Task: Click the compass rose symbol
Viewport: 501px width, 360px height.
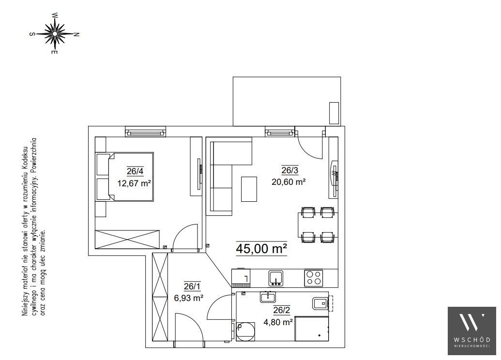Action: [x=55, y=33]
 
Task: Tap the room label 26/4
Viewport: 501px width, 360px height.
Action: [x=135, y=171]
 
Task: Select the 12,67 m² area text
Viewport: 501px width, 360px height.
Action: [x=134, y=183]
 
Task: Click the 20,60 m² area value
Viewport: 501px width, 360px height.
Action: [x=289, y=182]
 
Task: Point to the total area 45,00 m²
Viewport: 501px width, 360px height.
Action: [x=261, y=249]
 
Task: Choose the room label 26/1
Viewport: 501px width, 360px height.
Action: [x=192, y=286]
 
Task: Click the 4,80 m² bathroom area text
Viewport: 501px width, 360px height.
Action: [x=278, y=322]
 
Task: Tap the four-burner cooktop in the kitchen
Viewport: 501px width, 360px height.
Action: [x=314, y=278]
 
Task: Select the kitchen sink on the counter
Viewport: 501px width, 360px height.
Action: [x=276, y=278]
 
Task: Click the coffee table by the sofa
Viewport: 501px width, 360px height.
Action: [x=249, y=189]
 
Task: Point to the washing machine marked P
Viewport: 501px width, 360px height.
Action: [x=245, y=331]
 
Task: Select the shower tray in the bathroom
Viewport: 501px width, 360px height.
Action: [x=312, y=329]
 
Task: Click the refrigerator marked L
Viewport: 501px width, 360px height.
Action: [x=241, y=278]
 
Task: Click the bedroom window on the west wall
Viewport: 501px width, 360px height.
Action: [x=145, y=131]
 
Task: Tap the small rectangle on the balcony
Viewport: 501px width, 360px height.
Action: [x=334, y=113]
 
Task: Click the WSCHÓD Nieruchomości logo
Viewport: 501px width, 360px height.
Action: [x=472, y=331]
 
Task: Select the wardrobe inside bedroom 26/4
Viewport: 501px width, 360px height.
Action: [x=127, y=239]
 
